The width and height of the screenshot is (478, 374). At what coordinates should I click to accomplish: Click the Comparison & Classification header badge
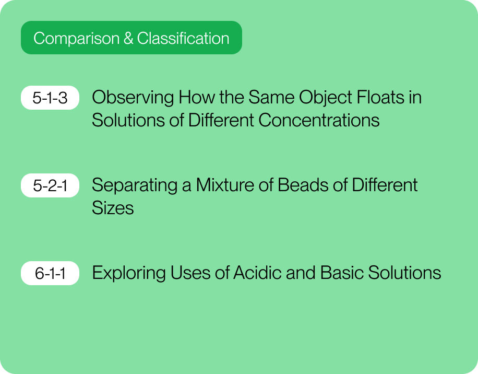[x=132, y=38]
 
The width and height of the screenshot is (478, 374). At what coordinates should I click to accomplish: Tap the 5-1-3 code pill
[x=50, y=98]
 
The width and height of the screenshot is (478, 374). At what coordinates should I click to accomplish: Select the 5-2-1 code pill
[x=50, y=185]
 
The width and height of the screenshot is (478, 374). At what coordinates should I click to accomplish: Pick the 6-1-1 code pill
[x=50, y=273]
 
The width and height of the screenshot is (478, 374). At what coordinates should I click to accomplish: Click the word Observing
[x=133, y=98]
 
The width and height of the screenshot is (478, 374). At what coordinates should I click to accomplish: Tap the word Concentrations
[x=319, y=120]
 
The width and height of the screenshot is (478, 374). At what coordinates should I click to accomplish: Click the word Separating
[x=135, y=186]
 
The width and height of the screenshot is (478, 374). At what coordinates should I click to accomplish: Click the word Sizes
[x=113, y=208]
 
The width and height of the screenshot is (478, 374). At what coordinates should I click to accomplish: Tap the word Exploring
[x=129, y=274]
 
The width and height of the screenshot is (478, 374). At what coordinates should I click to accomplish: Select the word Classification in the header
[x=183, y=39]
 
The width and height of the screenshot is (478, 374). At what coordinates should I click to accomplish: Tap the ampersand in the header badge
[x=128, y=39]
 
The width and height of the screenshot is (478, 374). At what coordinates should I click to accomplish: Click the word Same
[x=271, y=97]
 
